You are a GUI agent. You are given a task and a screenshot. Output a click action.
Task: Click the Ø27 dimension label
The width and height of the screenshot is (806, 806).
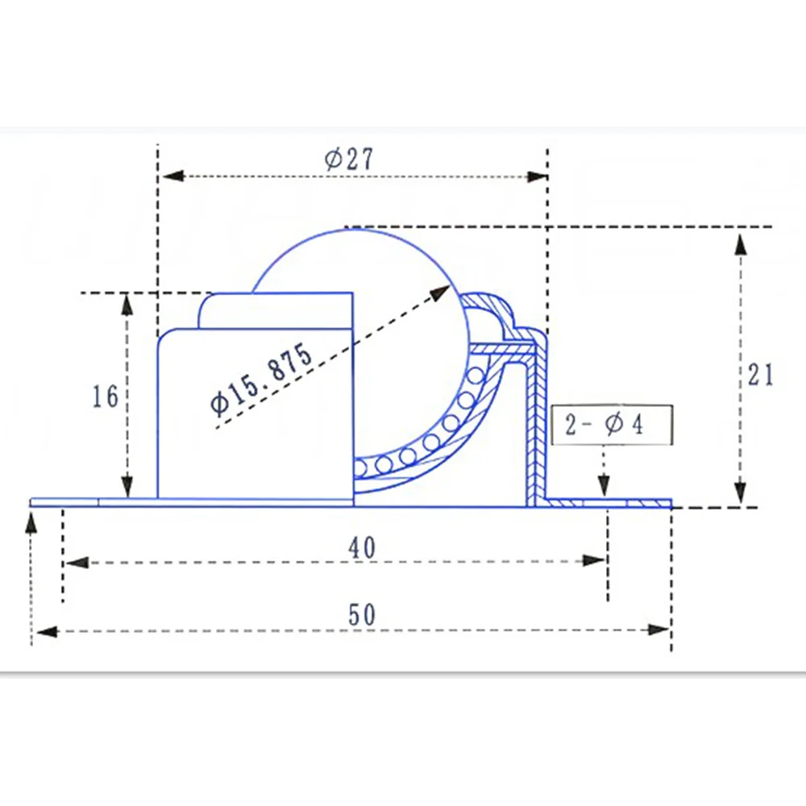pos(350,159)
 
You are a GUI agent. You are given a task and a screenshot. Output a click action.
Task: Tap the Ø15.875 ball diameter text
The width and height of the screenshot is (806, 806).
pos(260,377)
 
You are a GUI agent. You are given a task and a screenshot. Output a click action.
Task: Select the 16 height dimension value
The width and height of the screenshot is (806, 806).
pos(106,396)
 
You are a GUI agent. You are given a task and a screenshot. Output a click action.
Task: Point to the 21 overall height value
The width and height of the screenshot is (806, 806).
pos(759,375)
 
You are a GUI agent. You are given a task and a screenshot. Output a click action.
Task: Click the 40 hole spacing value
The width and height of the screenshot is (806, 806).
pos(362,547)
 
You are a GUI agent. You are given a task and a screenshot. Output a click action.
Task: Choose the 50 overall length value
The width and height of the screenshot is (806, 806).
pos(362,615)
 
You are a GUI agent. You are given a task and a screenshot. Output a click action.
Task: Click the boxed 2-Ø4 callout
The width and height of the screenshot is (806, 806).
pos(604,424)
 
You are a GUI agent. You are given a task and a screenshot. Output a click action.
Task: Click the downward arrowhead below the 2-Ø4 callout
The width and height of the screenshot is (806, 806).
pos(602,487)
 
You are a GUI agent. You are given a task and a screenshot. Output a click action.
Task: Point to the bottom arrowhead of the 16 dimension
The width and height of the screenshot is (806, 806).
pos(127,488)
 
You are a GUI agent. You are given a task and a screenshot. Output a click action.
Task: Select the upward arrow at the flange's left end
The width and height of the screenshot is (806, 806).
pos(31,525)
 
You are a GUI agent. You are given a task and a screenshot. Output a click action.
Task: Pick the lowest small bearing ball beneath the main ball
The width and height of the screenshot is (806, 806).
pos(364,467)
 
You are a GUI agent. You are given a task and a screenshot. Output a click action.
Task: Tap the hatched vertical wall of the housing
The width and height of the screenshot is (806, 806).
pos(534,427)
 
